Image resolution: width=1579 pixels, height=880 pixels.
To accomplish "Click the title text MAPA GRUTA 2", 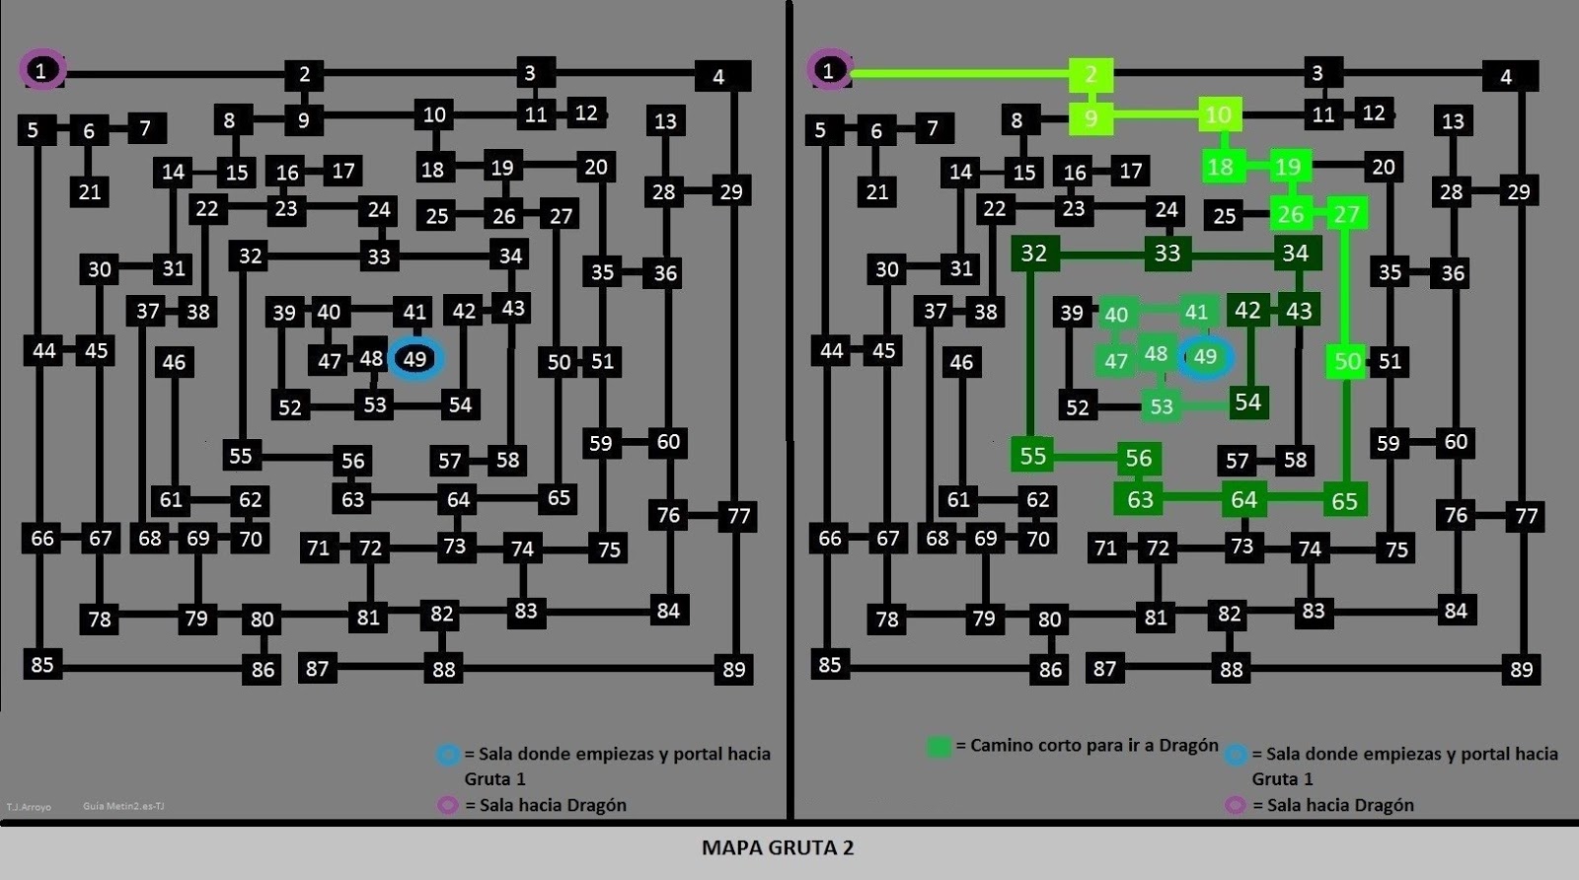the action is pyautogui.click(x=778, y=847).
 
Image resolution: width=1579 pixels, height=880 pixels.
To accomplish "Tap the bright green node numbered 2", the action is pyautogui.click(x=1091, y=75).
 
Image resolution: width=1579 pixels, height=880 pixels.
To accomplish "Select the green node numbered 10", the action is pyautogui.click(x=1220, y=114).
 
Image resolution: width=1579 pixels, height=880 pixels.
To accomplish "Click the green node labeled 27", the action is pyautogui.click(x=1347, y=213).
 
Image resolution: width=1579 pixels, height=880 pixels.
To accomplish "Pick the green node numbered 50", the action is pyautogui.click(x=1347, y=361).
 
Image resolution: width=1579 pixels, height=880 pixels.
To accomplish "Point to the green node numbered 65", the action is pyautogui.click(x=1344, y=501).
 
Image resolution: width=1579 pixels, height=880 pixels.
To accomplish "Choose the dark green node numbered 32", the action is pyautogui.click(x=1035, y=253).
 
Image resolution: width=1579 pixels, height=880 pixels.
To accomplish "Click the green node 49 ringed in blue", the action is pyautogui.click(x=1205, y=357).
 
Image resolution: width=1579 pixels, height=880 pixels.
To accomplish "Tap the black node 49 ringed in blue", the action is pyautogui.click(x=415, y=359).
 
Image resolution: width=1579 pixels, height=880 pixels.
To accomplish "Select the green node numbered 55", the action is pyautogui.click(x=1032, y=455).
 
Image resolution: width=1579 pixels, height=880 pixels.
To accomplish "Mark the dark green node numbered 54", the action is pyautogui.click(x=1248, y=403).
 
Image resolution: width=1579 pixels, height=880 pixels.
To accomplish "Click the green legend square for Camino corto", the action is pyautogui.click(x=940, y=747).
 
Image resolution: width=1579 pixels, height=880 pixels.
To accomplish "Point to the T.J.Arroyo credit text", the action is pyautogui.click(x=29, y=807).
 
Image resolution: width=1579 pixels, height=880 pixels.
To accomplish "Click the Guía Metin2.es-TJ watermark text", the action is pyautogui.click(x=123, y=806).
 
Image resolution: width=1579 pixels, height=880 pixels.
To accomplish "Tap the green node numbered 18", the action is pyautogui.click(x=1221, y=168).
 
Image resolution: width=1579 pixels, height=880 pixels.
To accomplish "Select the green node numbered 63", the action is pyautogui.click(x=1140, y=499).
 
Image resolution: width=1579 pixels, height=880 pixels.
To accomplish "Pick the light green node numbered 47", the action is pyautogui.click(x=1116, y=361).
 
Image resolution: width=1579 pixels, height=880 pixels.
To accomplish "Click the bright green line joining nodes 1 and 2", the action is pyautogui.click(x=960, y=73).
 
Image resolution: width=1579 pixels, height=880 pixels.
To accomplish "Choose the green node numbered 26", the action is pyautogui.click(x=1292, y=214).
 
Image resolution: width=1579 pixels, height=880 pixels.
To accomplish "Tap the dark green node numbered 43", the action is pyautogui.click(x=1299, y=310).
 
